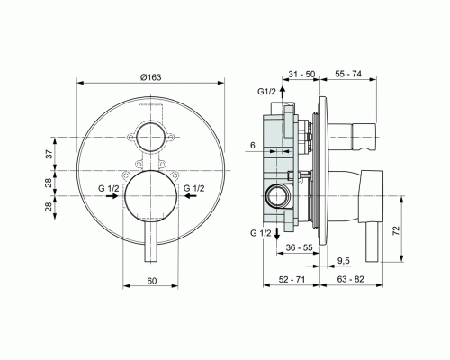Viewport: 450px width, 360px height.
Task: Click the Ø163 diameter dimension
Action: tap(150, 78)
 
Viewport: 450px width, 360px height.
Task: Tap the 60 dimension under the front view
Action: tap(151, 282)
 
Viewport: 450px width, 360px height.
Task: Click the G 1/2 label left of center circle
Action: tap(109, 188)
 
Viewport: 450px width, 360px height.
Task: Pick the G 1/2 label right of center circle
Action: tap(194, 188)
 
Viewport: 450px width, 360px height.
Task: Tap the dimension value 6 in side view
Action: tap(253, 145)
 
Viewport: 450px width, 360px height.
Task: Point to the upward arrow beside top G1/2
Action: tap(283, 93)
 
